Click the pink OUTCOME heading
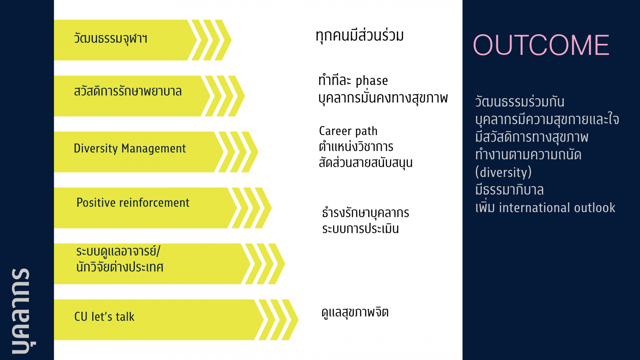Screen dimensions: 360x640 pyautogui.click(x=541, y=45)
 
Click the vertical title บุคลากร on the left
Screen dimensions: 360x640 pyautogui.click(x=21, y=311)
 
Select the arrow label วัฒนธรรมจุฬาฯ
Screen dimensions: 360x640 pyautogui.click(x=111, y=39)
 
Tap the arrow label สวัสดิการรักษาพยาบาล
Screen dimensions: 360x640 pyautogui.click(x=128, y=91)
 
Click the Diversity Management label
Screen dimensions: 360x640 pyautogui.click(x=130, y=148)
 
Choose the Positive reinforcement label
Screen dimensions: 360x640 pyautogui.click(x=133, y=202)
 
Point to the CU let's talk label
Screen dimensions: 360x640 pyautogui.click(x=104, y=317)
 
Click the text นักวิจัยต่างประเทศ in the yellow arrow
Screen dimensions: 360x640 pyautogui.click(x=120, y=267)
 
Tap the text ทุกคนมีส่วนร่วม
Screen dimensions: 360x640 pyautogui.click(x=360, y=36)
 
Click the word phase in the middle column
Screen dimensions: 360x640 pyautogui.click(x=372, y=81)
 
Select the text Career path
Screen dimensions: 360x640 pyautogui.click(x=348, y=131)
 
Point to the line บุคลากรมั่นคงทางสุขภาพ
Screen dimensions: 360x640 pyautogui.click(x=383, y=97)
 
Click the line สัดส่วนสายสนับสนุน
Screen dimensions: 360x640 pyautogui.click(x=365, y=163)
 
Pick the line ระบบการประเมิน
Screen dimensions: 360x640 pyautogui.click(x=360, y=228)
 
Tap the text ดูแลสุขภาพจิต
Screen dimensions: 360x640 pyautogui.click(x=355, y=312)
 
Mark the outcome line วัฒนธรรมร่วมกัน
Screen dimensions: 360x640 pyautogui.click(x=520, y=101)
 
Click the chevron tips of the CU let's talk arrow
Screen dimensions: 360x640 pyautogui.click(x=279, y=320)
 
